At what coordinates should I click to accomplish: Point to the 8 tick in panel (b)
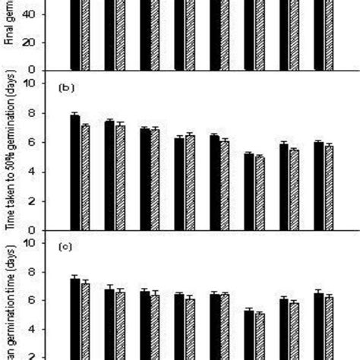pyautogui.click(x=33, y=112)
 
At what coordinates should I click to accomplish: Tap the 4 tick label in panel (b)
pyautogui.click(x=33, y=172)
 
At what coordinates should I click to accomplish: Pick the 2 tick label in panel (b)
pyautogui.click(x=33, y=201)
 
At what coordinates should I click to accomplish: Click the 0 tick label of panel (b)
pyautogui.click(x=33, y=230)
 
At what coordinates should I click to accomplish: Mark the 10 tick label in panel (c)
pyautogui.click(x=30, y=243)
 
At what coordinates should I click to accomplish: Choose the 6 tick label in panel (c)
pyautogui.click(x=33, y=301)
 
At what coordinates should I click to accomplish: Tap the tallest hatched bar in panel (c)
pyautogui.click(x=86, y=321)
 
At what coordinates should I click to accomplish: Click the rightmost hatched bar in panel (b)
pyautogui.click(x=329, y=188)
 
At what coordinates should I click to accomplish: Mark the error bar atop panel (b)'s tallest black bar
pyautogui.click(x=74, y=115)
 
